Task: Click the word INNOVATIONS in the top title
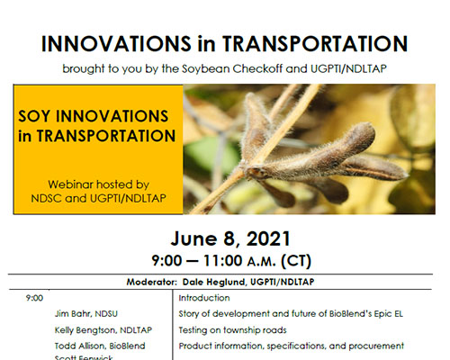[116, 44]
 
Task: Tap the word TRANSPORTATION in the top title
[315, 44]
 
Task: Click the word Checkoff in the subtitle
[257, 68]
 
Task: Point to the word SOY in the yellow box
[34, 116]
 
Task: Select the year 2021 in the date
[268, 239]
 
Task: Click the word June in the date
[193, 239]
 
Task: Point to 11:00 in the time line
[222, 261]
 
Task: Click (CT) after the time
[296, 261]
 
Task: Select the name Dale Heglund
[214, 282]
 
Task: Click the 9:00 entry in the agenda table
[34, 298]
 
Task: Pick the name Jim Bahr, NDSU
[86, 314]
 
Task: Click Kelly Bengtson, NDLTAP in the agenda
[103, 330]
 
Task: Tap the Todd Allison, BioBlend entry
[100, 346]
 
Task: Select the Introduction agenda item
[204, 298]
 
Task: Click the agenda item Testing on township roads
[232, 330]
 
